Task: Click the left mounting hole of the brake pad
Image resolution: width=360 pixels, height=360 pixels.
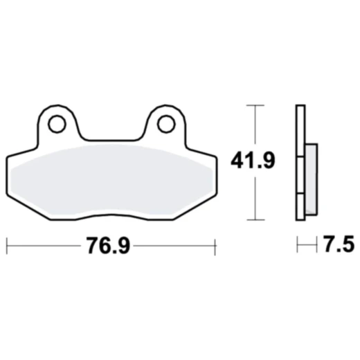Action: point(57,124)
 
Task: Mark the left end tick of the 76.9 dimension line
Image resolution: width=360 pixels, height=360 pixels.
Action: point(7,244)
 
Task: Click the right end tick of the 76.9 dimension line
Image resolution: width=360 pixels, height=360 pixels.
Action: point(216,244)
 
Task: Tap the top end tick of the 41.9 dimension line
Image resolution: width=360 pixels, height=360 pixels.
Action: point(256,105)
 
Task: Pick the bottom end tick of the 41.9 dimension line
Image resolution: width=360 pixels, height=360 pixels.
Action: point(256,220)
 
